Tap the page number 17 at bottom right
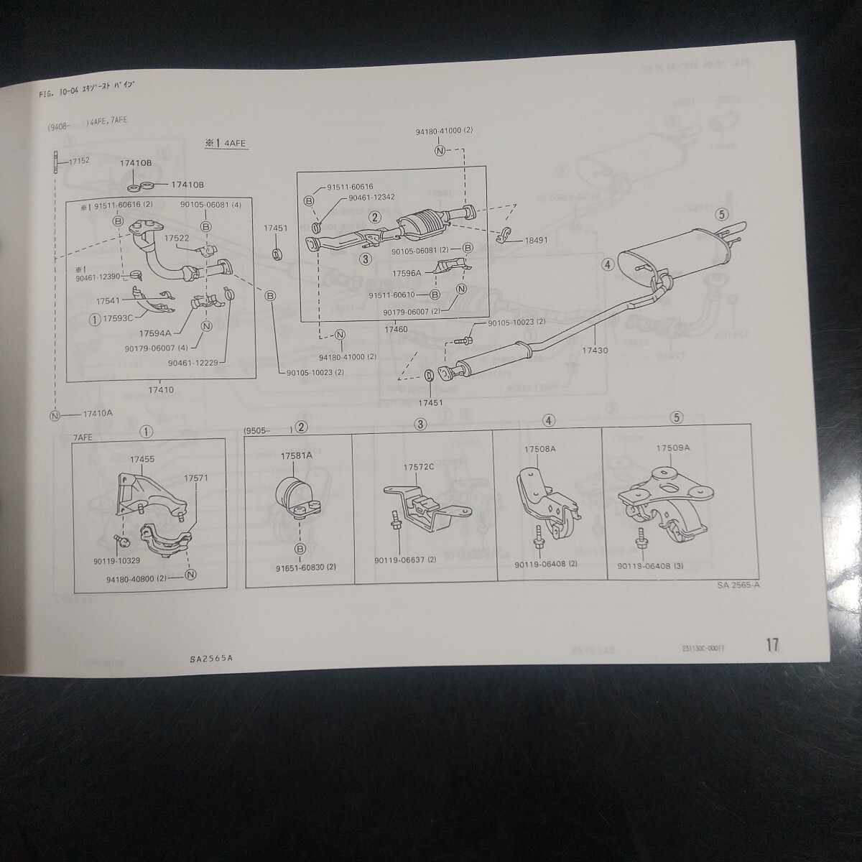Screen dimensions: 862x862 point(771,644)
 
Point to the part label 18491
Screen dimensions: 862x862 point(532,241)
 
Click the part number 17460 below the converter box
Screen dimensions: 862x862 point(396,329)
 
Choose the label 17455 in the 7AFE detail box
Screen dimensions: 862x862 point(142,458)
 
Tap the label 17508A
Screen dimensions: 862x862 point(539,449)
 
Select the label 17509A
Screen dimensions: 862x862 point(673,448)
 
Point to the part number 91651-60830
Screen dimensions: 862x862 point(305,567)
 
